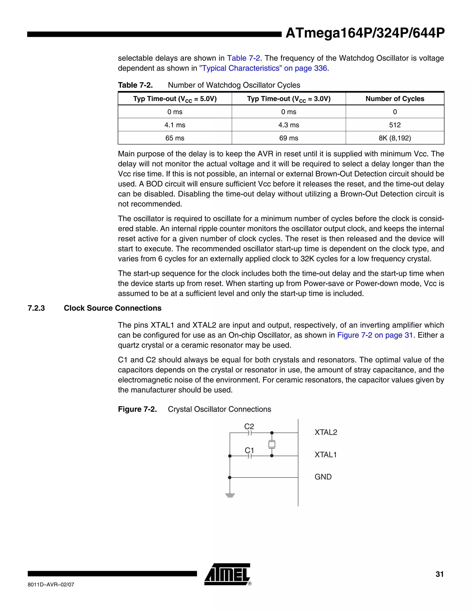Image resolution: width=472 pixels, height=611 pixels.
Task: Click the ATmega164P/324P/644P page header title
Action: click(x=365, y=33)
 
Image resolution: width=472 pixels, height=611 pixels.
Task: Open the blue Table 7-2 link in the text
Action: click(x=243, y=58)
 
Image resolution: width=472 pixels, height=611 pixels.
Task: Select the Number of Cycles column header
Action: click(x=395, y=99)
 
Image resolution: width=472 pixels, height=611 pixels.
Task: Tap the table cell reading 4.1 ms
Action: click(x=175, y=125)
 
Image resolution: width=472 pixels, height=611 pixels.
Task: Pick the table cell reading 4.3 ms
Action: click(x=289, y=125)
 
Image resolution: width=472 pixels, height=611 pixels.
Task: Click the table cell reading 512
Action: click(x=395, y=125)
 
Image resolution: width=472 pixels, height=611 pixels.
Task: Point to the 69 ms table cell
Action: click(x=289, y=138)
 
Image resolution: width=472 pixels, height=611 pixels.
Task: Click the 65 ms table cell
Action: click(x=175, y=138)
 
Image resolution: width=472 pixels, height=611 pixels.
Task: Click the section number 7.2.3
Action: click(x=36, y=308)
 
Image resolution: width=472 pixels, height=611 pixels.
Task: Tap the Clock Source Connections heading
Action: click(x=112, y=308)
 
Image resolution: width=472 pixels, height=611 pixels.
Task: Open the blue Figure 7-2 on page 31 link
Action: click(x=375, y=335)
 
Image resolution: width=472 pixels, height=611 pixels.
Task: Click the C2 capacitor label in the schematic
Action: click(x=249, y=426)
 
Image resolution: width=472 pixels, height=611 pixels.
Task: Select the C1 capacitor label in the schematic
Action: click(x=249, y=450)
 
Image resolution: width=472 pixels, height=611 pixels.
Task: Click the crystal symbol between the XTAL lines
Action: click(x=271, y=444)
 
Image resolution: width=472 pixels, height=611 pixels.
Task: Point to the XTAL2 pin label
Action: click(x=326, y=433)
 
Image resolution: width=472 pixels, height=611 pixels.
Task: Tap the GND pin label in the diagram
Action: click(x=323, y=477)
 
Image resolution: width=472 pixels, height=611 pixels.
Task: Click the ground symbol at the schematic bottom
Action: click(x=230, y=495)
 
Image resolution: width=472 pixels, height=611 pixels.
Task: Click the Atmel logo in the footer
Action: click(x=227, y=574)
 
